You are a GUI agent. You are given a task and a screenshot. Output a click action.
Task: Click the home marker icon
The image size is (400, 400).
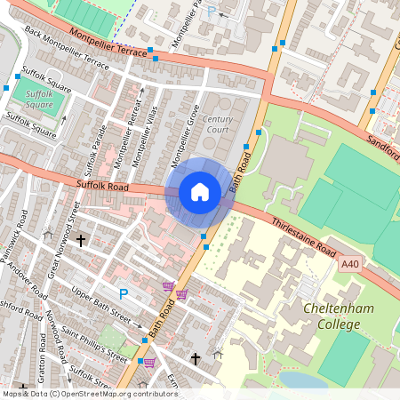200,192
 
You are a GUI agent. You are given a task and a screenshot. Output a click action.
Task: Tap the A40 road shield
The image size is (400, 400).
349,263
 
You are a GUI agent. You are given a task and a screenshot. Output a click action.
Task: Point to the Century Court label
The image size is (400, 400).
218,124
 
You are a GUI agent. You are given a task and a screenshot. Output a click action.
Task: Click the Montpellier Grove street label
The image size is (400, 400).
183,134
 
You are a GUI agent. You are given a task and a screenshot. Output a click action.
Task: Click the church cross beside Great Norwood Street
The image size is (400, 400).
81,240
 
